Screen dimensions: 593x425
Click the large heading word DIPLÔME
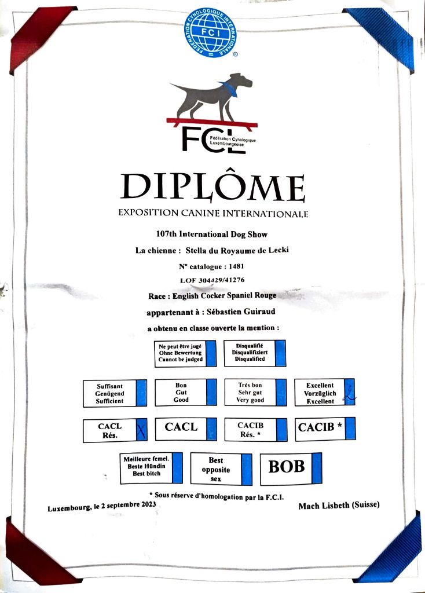point(212,186)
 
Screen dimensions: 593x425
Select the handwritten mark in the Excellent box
point(349,393)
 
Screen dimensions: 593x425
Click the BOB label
point(286,467)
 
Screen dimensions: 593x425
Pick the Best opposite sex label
point(215,469)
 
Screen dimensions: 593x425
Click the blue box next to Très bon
point(281,393)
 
